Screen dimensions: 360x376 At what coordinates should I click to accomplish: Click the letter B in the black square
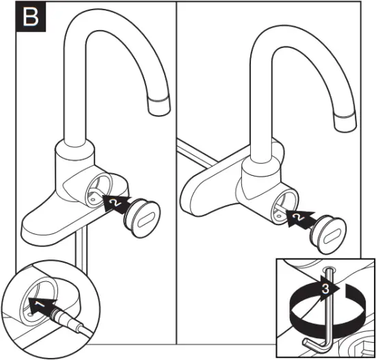click(x=31, y=18)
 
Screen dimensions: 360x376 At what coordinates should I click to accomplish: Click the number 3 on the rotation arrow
click(x=327, y=289)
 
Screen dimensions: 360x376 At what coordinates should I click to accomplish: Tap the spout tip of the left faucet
click(x=159, y=107)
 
